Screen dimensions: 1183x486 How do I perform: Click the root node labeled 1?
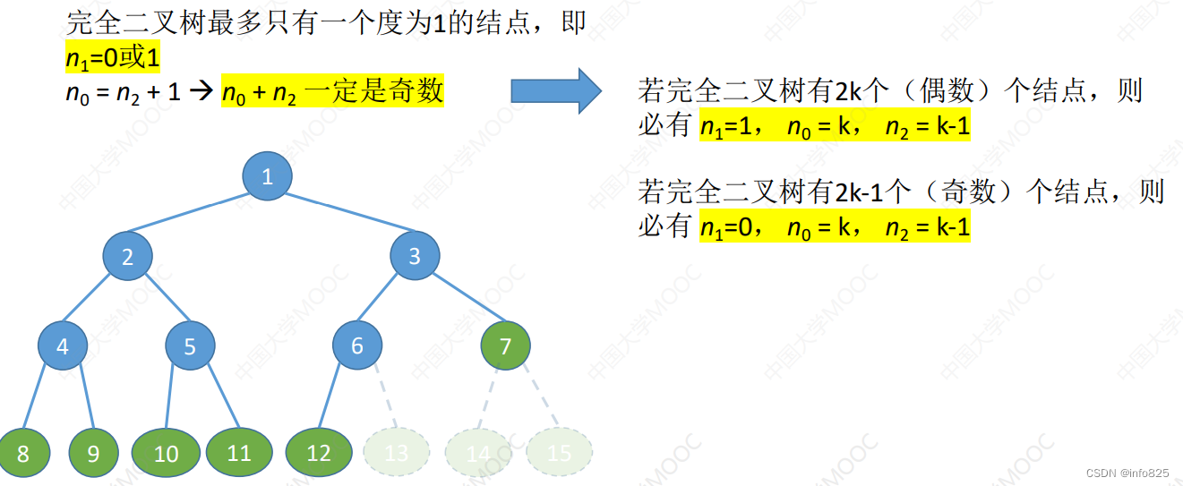(x=267, y=177)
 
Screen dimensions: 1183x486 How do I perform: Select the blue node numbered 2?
(x=127, y=258)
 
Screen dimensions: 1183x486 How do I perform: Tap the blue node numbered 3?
(x=415, y=257)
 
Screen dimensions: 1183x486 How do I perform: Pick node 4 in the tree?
(x=63, y=345)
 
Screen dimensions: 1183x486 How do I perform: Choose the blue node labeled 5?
(x=190, y=346)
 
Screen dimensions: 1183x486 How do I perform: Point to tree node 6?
(x=357, y=345)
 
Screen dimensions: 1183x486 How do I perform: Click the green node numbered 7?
(x=505, y=345)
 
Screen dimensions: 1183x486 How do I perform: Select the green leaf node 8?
(x=23, y=453)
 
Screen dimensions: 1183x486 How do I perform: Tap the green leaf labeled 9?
(x=93, y=453)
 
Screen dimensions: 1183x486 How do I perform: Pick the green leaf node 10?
(x=167, y=453)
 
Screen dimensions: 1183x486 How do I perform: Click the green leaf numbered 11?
(x=239, y=453)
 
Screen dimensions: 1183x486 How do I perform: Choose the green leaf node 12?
(x=319, y=453)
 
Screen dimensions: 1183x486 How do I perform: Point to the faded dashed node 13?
(x=396, y=453)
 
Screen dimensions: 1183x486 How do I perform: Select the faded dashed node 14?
(x=478, y=453)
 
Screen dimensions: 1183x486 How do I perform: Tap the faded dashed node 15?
(x=559, y=453)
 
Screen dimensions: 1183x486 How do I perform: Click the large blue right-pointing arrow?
(x=556, y=90)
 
